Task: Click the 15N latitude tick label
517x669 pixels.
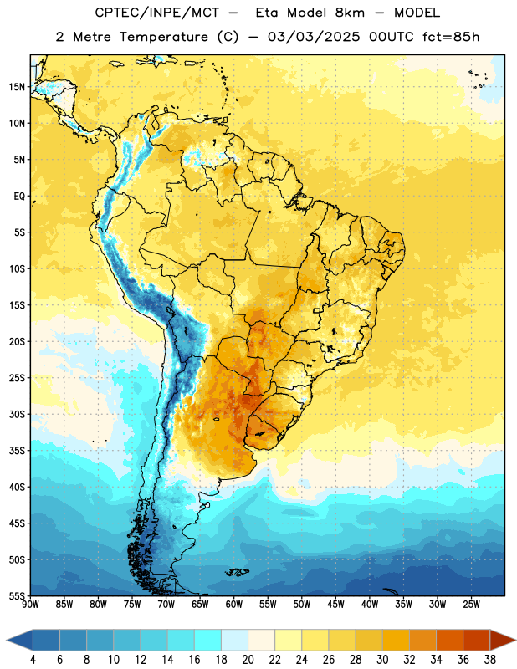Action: click(x=17, y=87)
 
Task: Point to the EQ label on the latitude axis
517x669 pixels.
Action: click(x=19, y=197)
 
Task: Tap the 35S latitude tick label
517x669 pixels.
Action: click(x=17, y=451)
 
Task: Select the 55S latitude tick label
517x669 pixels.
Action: click(x=17, y=595)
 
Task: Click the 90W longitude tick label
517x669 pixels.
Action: click(x=30, y=605)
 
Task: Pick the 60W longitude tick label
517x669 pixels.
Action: click(x=234, y=605)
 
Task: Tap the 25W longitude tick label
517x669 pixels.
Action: click(x=471, y=605)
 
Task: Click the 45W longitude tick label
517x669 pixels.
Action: click(x=335, y=605)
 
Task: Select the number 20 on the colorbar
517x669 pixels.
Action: click(x=248, y=660)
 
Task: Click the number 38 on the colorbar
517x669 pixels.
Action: click(x=490, y=660)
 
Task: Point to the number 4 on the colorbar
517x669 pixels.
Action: click(x=33, y=660)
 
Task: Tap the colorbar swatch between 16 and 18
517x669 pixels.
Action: click(x=208, y=640)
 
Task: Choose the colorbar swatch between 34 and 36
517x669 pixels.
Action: click(x=450, y=640)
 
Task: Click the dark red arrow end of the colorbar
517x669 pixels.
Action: click(x=503, y=640)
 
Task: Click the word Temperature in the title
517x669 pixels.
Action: click(x=163, y=37)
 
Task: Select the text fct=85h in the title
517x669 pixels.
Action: click(x=451, y=37)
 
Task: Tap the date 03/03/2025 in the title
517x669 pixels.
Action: click(x=314, y=37)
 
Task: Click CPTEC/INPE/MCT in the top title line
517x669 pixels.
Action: click(x=157, y=13)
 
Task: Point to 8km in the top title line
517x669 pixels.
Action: click(x=350, y=13)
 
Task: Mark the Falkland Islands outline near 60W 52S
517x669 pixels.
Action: click(x=237, y=572)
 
